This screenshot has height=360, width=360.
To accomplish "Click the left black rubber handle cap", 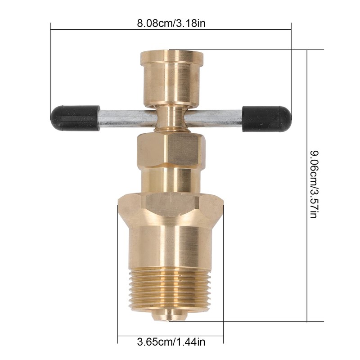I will (75, 118).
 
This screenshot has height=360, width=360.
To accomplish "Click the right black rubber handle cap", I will (267, 119).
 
